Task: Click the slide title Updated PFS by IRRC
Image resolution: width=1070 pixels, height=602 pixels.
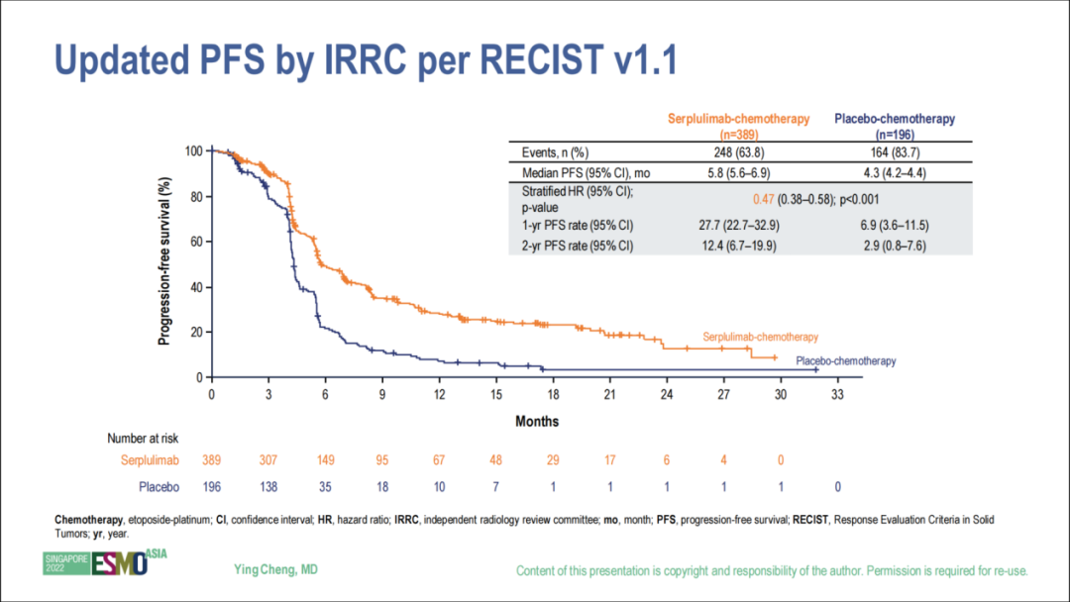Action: coord(367,61)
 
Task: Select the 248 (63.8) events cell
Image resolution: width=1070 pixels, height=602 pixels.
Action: coord(738,152)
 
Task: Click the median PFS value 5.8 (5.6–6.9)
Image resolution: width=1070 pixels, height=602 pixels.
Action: coord(738,173)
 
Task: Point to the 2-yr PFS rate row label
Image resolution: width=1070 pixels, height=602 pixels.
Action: coord(578,246)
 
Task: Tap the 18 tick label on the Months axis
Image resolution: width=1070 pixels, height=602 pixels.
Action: coord(553,394)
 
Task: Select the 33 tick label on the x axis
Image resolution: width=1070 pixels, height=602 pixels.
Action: coord(837,394)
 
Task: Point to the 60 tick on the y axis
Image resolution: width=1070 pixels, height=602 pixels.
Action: coord(196,242)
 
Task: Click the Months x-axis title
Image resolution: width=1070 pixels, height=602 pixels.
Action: coord(537,422)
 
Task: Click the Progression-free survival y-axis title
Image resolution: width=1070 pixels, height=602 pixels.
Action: coord(164,262)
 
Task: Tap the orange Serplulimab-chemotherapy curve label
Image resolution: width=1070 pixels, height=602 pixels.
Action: coord(761,338)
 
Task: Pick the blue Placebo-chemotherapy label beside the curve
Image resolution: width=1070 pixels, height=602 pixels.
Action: coord(846,361)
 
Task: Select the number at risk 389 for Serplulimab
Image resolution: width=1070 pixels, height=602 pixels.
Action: coord(211,460)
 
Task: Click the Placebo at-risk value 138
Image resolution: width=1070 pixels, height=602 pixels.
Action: coord(267,486)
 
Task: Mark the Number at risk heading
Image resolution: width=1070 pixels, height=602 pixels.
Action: coord(143,437)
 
